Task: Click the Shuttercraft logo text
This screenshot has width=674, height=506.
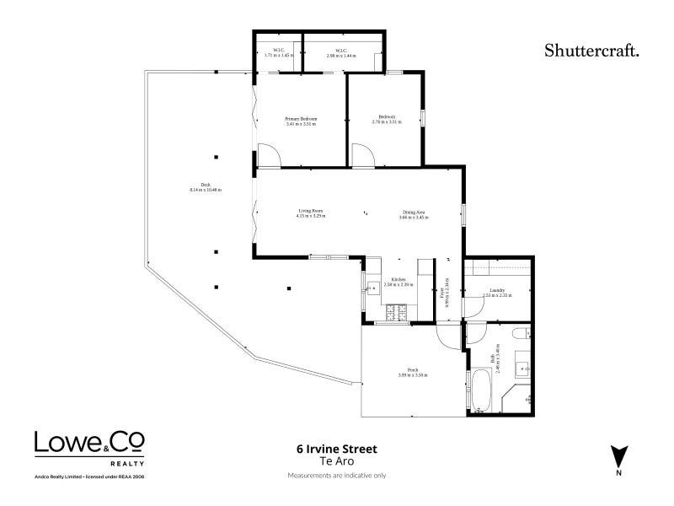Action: pyautogui.click(x=592, y=50)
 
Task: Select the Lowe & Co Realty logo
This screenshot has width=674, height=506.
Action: pyautogui.click(x=89, y=444)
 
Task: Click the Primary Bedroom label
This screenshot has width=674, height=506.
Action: pyautogui.click(x=302, y=121)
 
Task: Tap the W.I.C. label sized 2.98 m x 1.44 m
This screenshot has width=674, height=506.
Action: pyautogui.click(x=341, y=52)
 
